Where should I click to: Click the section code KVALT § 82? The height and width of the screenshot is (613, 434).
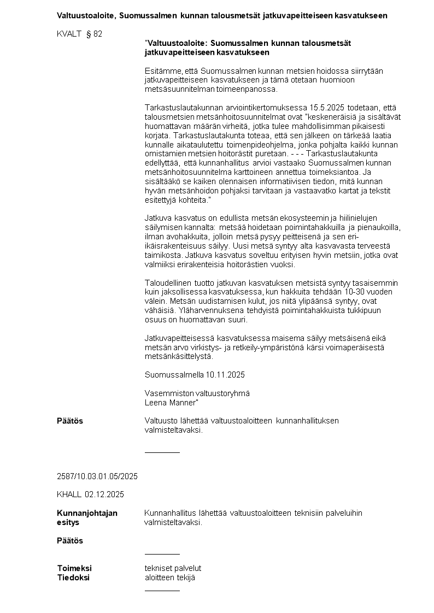tap(79, 34)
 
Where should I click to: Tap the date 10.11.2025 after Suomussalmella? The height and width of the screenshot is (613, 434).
tap(225, 375)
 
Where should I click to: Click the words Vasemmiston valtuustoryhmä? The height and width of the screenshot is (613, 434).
tap(197, 393)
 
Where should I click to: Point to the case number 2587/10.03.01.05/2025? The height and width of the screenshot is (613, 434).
tap(97, 476)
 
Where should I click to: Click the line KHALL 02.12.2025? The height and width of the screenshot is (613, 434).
tap(90, 494)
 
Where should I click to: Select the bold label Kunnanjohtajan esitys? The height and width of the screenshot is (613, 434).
tap(87, 517)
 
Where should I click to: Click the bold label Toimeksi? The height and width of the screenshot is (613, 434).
tap(74, 568)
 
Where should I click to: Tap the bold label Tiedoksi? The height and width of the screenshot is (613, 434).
tap(73, 577)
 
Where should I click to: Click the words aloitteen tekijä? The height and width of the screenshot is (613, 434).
tap(169, 577)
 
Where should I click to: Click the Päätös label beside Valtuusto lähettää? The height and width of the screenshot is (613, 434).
tap(70, 421)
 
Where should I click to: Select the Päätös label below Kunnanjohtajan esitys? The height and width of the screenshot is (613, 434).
tap(70, 540)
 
